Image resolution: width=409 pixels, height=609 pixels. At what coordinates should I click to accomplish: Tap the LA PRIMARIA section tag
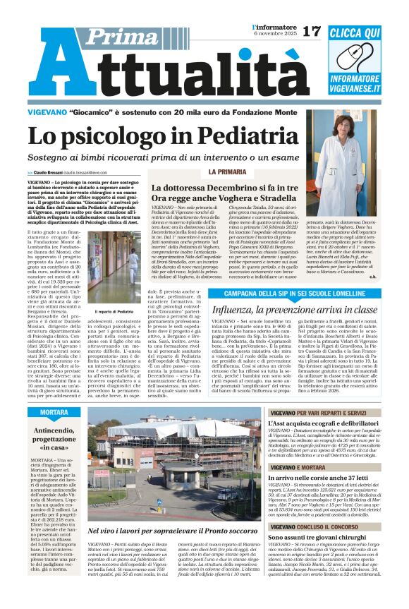[x=207, y=171]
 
